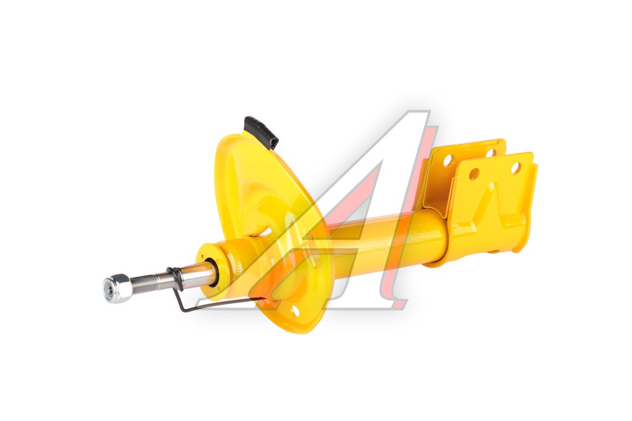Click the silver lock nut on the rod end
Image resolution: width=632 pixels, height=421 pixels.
click(117, 288)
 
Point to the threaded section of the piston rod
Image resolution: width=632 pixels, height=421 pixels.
click(148, 281)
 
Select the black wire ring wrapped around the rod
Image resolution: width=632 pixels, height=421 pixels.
click(174, 278)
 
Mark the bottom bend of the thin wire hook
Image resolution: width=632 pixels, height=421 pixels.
click(184, 308)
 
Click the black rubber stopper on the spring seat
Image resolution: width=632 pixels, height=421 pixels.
click(261, 132)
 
